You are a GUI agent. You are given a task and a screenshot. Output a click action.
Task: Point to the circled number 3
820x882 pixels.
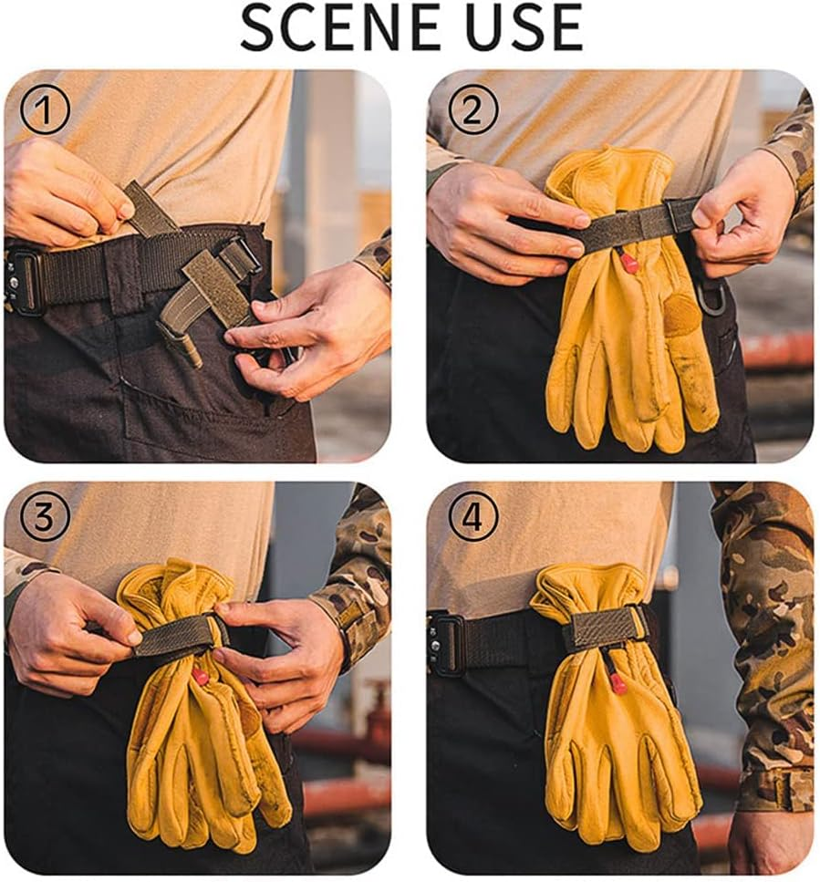tap(45, 518)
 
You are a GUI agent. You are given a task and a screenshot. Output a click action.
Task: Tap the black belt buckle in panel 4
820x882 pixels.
tap(448, 643)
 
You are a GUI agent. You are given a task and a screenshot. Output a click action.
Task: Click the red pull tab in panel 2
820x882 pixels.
tap(628, 264)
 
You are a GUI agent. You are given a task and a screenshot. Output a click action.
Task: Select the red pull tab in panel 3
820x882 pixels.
tap(200, 676)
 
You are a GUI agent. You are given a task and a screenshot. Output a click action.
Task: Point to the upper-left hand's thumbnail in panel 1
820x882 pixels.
tap(124, 209)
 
